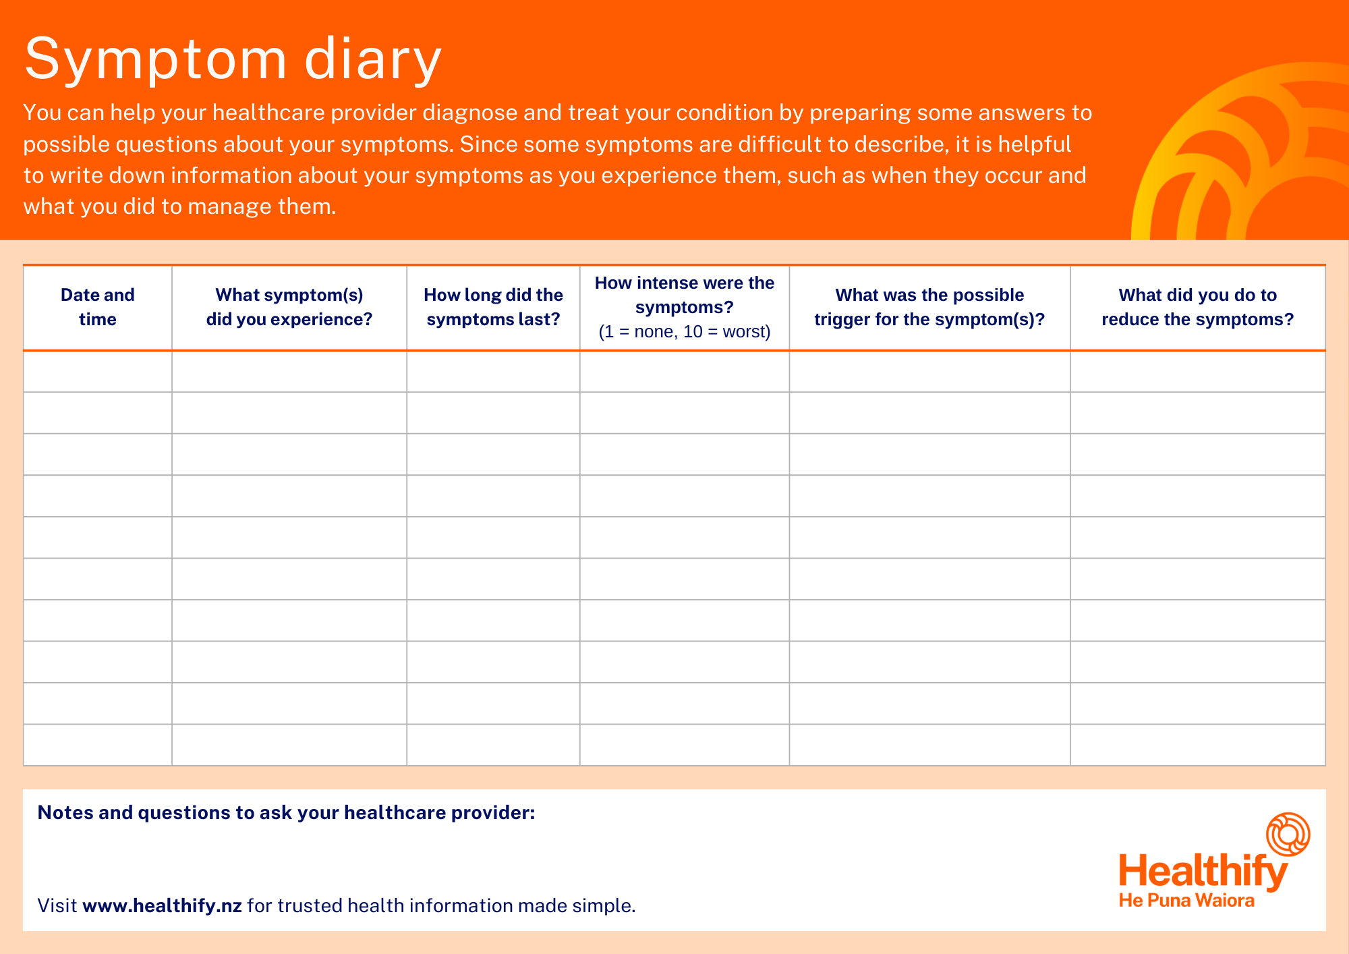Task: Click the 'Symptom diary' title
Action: (233, 59)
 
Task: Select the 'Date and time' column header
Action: (98, 307)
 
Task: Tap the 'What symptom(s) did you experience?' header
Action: (289, 307)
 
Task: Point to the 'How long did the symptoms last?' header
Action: (493, 307)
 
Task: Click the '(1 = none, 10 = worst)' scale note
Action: (685, 332)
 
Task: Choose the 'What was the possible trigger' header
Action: (929, 307)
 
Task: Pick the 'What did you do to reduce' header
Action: (1197, 307)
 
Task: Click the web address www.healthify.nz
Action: (162, 905)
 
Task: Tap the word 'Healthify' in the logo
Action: (1203, 871)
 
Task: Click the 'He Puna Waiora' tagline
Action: (1186, 901)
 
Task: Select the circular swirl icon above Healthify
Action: (1288, 834)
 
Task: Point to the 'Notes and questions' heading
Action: (286, 812)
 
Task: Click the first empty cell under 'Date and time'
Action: (98, 372)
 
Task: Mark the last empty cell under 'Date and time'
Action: (98, 745)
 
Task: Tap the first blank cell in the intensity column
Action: (685, 372)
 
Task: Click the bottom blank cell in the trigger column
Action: (929, 745)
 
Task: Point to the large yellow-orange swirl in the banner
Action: (1241, 155)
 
